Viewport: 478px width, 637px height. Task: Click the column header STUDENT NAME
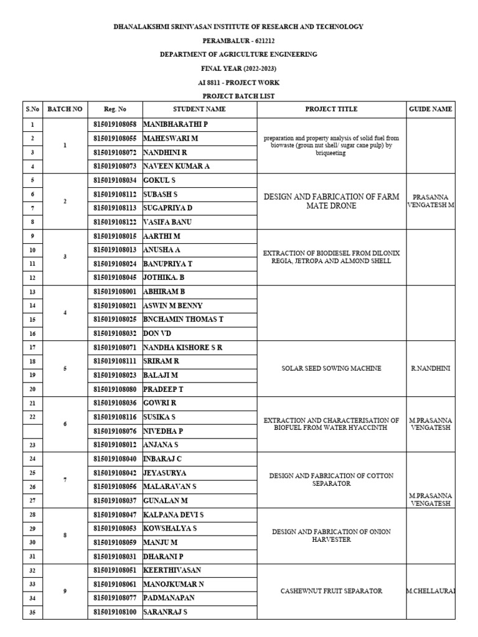(199, 109)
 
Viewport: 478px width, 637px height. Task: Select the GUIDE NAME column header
(431, 109)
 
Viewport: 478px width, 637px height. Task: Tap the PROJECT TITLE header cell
(331, 109)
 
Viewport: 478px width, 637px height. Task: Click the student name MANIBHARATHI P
(176, 124)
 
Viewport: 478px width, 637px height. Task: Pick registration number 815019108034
(115, 180)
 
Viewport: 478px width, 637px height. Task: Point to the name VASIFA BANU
(168, 222)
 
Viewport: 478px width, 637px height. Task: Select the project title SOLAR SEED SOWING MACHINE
(331, 368)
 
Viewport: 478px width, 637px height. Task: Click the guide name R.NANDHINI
(431, 368)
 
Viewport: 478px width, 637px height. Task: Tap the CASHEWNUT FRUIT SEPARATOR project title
(331, 591)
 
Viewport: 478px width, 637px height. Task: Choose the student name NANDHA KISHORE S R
(183, 347)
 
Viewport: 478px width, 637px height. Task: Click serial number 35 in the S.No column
(32, 612)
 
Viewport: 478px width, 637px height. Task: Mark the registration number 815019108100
(115, 612)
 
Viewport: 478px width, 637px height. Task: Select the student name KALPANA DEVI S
(174, 515)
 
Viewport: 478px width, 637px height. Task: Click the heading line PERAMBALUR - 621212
(238, 40)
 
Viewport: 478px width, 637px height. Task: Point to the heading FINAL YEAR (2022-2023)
(238, 68)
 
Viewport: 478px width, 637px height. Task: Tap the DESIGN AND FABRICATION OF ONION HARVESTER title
(331, 536)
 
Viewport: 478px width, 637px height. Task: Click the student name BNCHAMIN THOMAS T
(183, 319)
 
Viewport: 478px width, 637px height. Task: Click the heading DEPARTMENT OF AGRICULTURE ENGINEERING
(238, 54)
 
